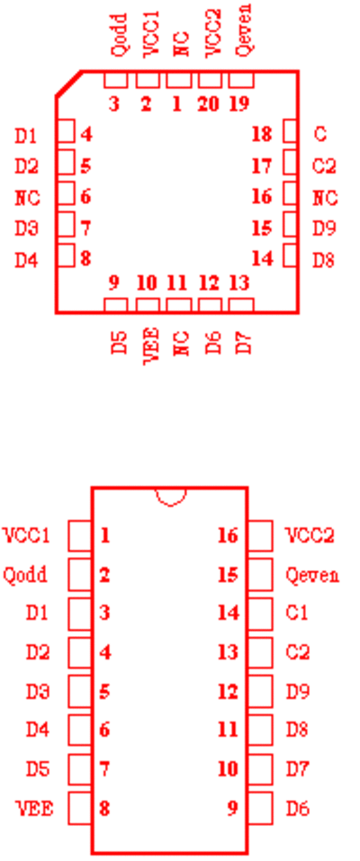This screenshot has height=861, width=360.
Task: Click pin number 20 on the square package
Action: click(x=208, y=103)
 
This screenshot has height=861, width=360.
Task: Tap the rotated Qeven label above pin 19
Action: click(x=243, y=30)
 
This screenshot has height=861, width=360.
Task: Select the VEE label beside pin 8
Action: click(x=34, y=808)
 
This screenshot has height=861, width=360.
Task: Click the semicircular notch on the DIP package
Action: click(x=171, y=497)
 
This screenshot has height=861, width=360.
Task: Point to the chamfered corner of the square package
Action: click(x=68, y=84)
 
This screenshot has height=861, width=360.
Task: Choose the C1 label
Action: click(x=297, y=613)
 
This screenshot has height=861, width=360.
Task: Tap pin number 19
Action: click(x=239, y=103)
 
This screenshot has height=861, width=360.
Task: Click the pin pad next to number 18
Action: click(x=291, y=131)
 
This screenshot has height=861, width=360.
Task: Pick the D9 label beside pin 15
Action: click(x=324, y=228)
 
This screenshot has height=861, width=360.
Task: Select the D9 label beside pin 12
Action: click(x=297, y=691)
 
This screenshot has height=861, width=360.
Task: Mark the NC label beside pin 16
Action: click(x=325, y=198)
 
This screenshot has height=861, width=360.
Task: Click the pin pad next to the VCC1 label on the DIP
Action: click(x=80, y=535)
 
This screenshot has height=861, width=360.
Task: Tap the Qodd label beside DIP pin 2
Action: click(x=25, y=575)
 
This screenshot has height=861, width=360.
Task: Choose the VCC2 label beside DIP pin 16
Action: click(x=310, y=534)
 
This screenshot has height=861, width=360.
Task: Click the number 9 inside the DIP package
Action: click(x=232, y=808)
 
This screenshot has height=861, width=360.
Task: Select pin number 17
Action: click(x=262, y=166)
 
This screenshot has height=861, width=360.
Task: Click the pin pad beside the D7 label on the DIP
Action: click(x=260, y=768)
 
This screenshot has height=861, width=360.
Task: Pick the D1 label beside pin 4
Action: click(x=26, y=136)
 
